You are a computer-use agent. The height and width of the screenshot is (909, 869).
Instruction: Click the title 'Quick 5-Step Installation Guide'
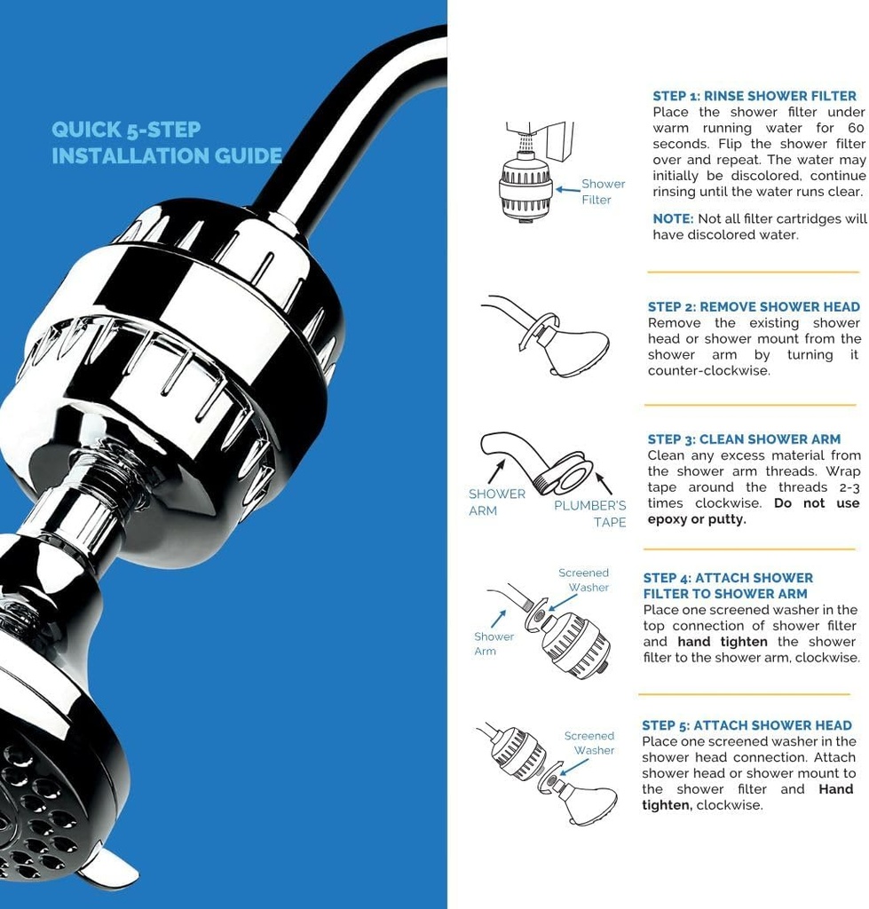(x=166, y=143)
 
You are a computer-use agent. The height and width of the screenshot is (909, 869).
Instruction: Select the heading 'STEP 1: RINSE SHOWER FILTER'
(x=754, y=96)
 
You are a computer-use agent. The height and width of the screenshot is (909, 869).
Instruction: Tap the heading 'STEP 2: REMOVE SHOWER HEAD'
(x=754, y=307)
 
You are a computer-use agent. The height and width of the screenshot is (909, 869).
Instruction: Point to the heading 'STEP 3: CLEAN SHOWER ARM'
(x=744, y=439)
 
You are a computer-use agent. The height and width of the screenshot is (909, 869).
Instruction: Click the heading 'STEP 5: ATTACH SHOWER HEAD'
(x=747, y=725)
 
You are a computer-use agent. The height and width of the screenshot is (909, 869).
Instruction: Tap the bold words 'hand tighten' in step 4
(x=722, y=642)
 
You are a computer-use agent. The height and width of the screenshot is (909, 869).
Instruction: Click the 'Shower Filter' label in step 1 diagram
(x=602, y=192)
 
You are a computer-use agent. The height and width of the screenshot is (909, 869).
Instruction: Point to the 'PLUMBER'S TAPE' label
(x=591, y=514)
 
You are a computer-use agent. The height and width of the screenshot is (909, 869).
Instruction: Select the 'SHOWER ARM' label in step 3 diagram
(x=496, y=502)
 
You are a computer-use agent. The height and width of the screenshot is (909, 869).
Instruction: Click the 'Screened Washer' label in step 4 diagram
(x=585, y=581)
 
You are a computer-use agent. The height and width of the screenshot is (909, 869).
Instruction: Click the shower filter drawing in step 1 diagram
(x=525, y=187)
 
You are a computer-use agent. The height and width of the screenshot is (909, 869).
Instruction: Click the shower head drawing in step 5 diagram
(x=588, y=803)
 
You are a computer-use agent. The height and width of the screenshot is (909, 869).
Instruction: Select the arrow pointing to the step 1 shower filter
(x=565, y=189)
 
